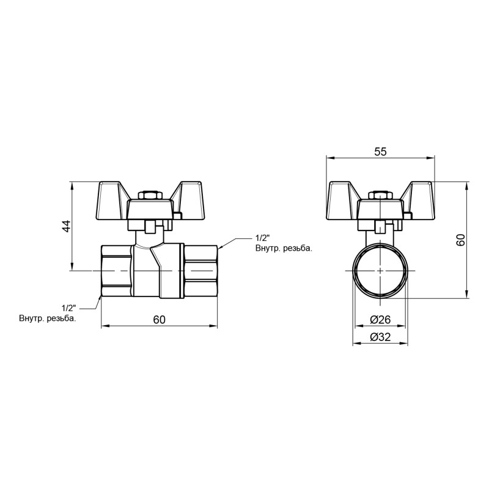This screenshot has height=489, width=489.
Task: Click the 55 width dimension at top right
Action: (x=380, y=152)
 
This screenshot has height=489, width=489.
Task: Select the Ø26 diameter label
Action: (x=380, y=319)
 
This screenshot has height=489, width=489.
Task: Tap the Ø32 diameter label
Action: (x=380, y=337)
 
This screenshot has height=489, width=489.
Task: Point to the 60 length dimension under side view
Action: (x=160, y=319)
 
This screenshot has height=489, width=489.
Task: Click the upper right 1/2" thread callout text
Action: (x=262, y=238)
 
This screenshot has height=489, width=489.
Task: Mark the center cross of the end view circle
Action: (x=380, y=270)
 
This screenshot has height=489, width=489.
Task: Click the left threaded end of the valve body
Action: (x=116, y=270)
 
